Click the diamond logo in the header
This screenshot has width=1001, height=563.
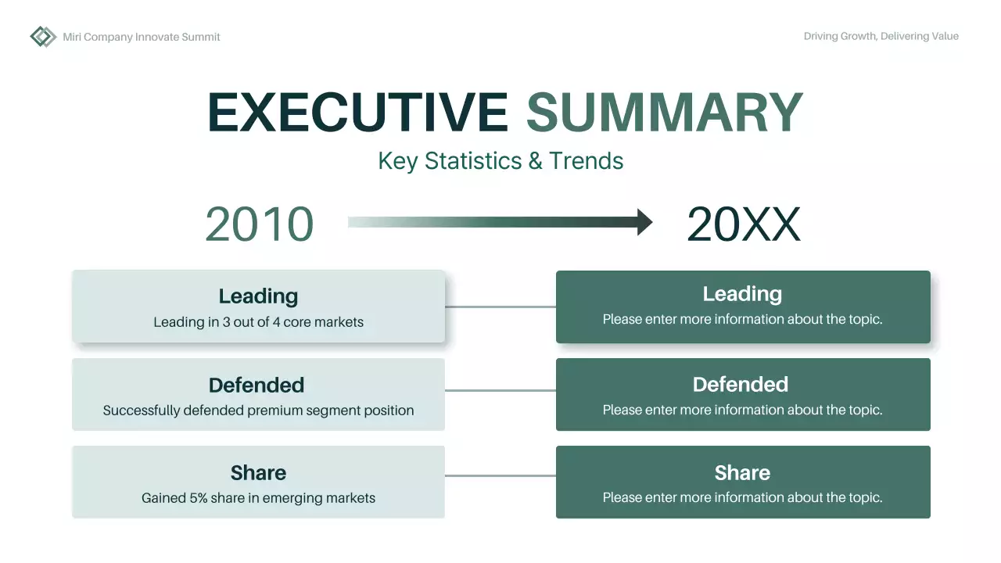43,37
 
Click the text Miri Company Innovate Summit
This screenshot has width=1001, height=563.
142,37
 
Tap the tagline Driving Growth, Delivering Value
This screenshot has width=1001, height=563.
881,36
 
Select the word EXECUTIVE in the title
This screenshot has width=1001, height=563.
358,113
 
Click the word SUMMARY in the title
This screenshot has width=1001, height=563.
664,113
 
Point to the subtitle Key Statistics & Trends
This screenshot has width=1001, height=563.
500,161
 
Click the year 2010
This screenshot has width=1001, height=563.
259,224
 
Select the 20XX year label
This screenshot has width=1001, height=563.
743,224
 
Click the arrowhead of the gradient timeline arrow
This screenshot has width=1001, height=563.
644,222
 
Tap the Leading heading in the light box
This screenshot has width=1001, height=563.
258,296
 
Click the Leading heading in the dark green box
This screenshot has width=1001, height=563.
742,294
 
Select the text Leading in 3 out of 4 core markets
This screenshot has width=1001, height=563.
258,322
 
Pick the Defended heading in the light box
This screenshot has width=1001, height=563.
257,385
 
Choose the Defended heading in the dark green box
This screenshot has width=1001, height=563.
741,385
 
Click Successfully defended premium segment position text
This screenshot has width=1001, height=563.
258,411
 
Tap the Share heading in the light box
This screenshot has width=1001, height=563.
258,472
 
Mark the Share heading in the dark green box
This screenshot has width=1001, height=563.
742,472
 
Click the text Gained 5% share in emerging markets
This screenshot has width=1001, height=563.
258,498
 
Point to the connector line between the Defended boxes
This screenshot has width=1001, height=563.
500,391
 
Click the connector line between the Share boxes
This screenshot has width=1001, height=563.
500,475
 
